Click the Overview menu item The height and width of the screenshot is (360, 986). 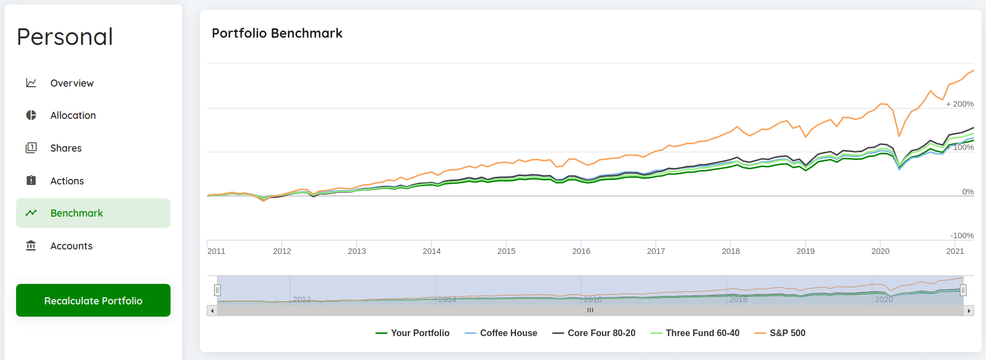pyautogui.click(x=72, y=83)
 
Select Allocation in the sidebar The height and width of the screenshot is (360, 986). pyautogui.click(x=73, y=116)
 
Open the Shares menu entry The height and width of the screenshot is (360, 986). pyautogui.click(x=66, y=148)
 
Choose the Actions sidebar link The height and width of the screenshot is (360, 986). pyautogui.click(x=67, y=181)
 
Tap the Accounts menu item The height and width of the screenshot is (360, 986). pyautogui.click(x=71, y=246)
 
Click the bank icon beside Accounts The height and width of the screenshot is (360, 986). pyautogui.click(x=31, y=246)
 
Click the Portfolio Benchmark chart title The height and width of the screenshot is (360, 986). pyautogui.click(x=277, y=33)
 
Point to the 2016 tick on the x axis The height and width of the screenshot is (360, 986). pyautogui.click(x=581, y=251)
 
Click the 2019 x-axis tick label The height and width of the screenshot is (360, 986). pyautogui.click(x=805, y=251)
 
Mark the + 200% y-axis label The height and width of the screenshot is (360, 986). pyautogui.click(x=960, y=104)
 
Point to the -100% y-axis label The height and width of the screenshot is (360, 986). pyautogui.click(x=962, y=236)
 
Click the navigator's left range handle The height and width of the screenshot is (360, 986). pyautogui.click(x=217, y=290)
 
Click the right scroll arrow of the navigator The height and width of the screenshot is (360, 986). pyautogui.click(x=969, y=311)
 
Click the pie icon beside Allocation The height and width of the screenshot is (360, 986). pyautogui.click(x=31, y=115)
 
